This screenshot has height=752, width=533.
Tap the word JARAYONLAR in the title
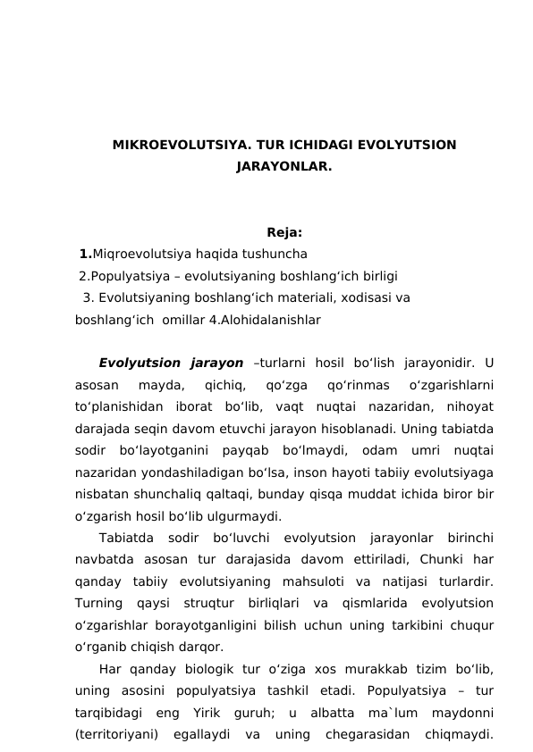[x=283, y=166]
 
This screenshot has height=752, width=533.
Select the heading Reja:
[x=283, y=235]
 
